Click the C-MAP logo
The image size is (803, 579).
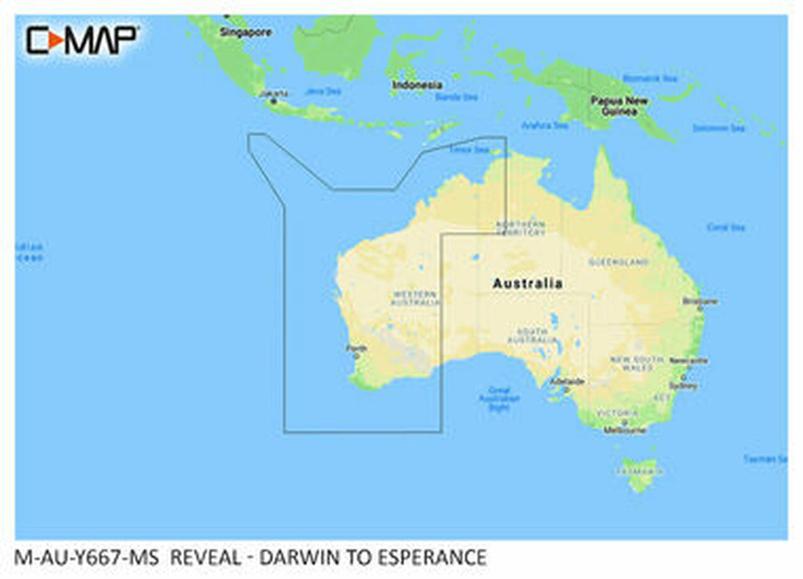[x=82, y=40]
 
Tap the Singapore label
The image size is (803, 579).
[x=246, y=32]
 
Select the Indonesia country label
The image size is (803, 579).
[x=417, y=85]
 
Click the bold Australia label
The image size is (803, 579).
[x=527, y=284]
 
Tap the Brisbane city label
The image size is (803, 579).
[x=699, y=301]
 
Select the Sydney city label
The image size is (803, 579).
[x=687, y=386]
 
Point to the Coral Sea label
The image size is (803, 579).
[x=725, y=228]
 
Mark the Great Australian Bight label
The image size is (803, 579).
[x=499, y=398]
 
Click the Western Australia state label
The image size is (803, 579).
[x=415, y=299]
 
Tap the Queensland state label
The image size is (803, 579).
[x=619, y=262]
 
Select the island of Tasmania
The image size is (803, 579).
[x=639, y=473]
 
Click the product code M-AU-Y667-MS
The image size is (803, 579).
[x=86, y=557]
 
